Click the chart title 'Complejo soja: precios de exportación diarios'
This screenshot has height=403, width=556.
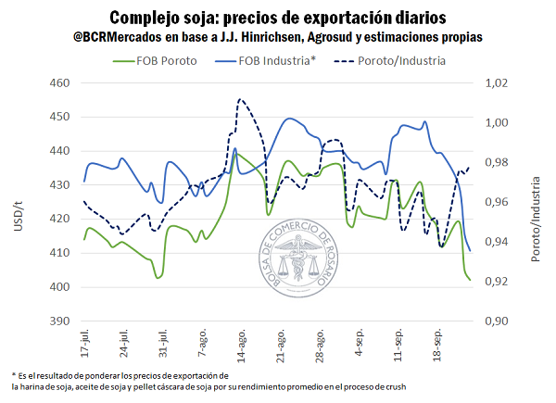pyautogui.click(x=278, y=17)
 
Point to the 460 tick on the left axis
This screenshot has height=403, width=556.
pyautogui.click(x=60, y=83)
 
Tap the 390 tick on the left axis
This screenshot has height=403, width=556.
pyautogui.click(x=60, y=321)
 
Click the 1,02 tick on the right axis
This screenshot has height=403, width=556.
pyautogui.click(x=497, y=83)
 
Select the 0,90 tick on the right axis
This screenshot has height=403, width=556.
pyautogui.click(x=497, y=321)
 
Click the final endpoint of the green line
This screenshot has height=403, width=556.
pyautogui.click(x=470, y=280)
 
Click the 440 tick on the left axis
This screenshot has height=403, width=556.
pyautogui.click(x=60, y=151)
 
